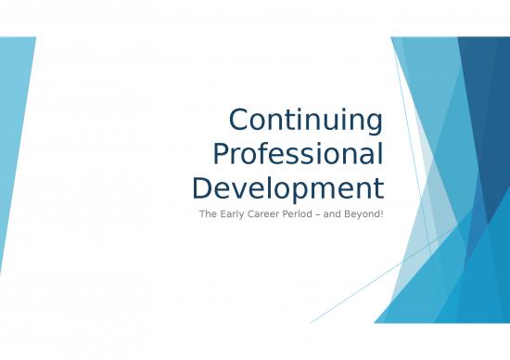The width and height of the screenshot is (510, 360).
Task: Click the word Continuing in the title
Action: (x=306, y=122)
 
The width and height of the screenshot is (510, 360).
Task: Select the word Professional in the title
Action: (x=298, y=155)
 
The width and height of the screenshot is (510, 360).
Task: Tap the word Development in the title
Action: (x=287, y=188)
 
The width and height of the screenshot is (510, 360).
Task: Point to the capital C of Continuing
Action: (x=239, y=122)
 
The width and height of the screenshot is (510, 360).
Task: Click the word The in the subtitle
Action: (x=208, y=215)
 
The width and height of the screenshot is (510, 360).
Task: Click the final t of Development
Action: (x=378, y=188)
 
